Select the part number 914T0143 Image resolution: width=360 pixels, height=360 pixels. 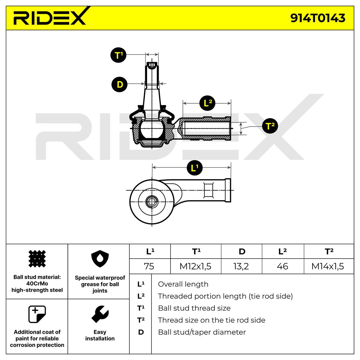(318, 18)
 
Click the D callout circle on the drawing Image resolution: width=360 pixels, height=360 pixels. (119, 84)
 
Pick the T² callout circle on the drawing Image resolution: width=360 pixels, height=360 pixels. (270, 126)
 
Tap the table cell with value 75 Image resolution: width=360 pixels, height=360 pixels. (149, 266)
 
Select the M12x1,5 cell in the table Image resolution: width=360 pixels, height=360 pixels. (195, 266)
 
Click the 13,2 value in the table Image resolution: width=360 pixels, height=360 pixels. (241, 266)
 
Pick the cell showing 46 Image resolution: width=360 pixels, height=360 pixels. (283, 266)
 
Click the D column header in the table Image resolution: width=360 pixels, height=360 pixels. (242, 251)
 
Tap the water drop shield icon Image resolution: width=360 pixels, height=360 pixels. (100, 259)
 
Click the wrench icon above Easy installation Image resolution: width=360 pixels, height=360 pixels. (100, 314)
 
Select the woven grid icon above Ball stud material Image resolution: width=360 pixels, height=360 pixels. (37, 259)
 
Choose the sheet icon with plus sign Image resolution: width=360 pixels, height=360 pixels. (37, 314)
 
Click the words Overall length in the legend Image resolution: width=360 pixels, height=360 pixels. (183, 284)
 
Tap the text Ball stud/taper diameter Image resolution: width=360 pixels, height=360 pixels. (202, 332)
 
